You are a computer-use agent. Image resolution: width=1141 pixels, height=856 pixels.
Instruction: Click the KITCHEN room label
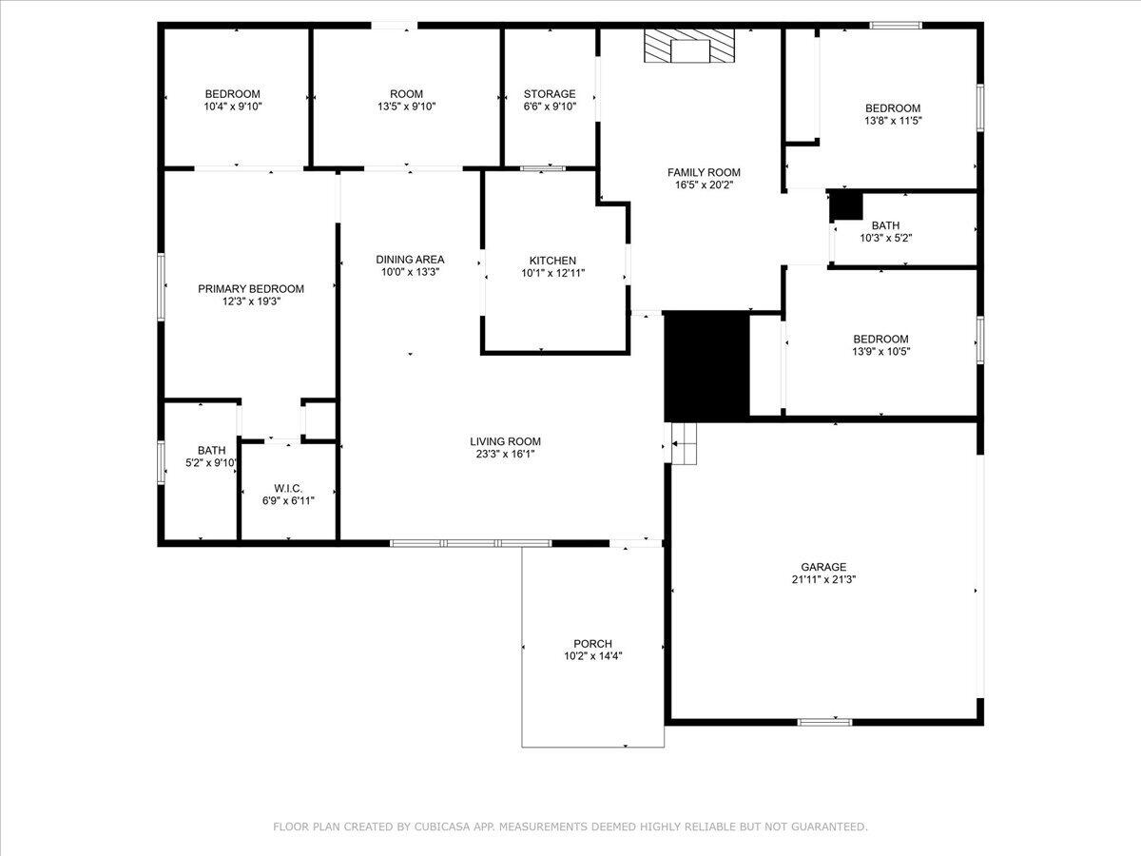(x=552, y=261)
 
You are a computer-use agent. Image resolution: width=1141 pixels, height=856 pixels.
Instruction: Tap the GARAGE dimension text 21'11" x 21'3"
(x=823, y=579)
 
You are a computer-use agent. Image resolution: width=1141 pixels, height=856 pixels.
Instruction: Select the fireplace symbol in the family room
(x=690, y=46)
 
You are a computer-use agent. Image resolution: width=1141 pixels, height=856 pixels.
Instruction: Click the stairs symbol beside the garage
(x=683, y=443)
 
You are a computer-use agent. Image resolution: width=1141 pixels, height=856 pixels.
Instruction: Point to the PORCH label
(x=592, y=644)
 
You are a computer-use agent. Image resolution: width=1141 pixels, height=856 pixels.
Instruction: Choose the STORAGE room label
(x=550, y=94)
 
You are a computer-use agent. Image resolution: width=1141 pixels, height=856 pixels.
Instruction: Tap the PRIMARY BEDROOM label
(x=251, y=289)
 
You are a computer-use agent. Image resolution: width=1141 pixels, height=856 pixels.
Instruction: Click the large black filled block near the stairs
(x=706, y=364)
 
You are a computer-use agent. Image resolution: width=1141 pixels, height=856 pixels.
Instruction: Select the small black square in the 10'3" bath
(x=845, y=205)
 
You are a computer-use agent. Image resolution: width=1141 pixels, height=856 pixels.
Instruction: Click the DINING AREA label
(x=410, y=260)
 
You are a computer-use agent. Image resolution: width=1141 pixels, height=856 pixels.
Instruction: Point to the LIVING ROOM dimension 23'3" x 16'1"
(x=505, y=454)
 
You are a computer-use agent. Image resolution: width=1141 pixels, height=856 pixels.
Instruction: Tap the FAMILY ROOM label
(x=704, y=172)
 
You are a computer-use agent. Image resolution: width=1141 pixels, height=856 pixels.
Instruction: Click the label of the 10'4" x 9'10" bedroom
(x=232, y=94)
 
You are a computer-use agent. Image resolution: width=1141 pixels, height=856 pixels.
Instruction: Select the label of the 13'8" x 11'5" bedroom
(x=892, y=108)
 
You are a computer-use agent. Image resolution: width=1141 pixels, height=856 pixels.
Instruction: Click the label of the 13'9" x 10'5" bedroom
(x=880, y=339)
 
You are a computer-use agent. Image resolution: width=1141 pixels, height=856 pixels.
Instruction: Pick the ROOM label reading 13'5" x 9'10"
(x=406, y=94)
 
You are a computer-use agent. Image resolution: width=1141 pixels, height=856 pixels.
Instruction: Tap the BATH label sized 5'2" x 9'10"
(x=211, y=451)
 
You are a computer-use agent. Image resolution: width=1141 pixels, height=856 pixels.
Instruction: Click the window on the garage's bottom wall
(x=823, y=722)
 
